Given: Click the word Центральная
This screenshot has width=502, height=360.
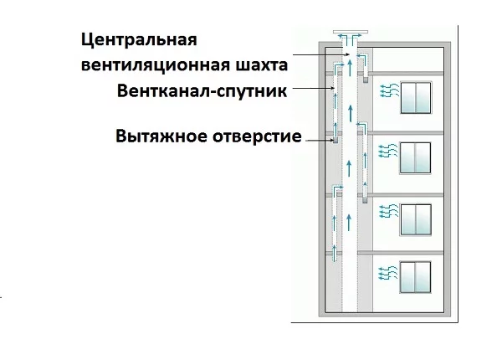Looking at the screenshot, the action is pos(139,41).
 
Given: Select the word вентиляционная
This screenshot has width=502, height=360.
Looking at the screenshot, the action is pos(156,65).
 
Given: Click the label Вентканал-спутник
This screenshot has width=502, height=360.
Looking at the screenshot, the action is pos(202,90).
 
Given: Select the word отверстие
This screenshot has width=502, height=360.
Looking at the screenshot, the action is pos(257,136).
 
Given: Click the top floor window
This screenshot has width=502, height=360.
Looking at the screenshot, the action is pos(416,98).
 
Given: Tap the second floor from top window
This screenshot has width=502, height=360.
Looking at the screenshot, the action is pos(415,158).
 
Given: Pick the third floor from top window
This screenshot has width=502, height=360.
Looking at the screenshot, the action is pos(416,219).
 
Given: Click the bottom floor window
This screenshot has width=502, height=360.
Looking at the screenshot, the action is pos(415,277).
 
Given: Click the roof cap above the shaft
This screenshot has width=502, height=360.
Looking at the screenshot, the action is pos(351,32).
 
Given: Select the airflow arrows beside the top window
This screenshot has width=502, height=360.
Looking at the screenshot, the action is pos(390,90).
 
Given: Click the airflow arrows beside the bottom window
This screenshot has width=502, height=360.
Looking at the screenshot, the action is pos(387,273).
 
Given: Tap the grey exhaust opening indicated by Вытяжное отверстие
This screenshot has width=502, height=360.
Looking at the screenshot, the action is pos(336,141).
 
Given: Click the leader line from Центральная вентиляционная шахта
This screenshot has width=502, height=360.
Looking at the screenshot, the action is pos(320,54).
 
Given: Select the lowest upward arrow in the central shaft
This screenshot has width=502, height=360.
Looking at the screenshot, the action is pos(349,223).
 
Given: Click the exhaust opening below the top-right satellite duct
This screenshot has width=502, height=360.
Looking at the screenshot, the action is pos(366,79).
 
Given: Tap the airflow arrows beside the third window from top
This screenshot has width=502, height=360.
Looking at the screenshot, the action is pos(389,211).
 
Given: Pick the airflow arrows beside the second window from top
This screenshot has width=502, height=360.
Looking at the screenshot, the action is pos(388,151).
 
